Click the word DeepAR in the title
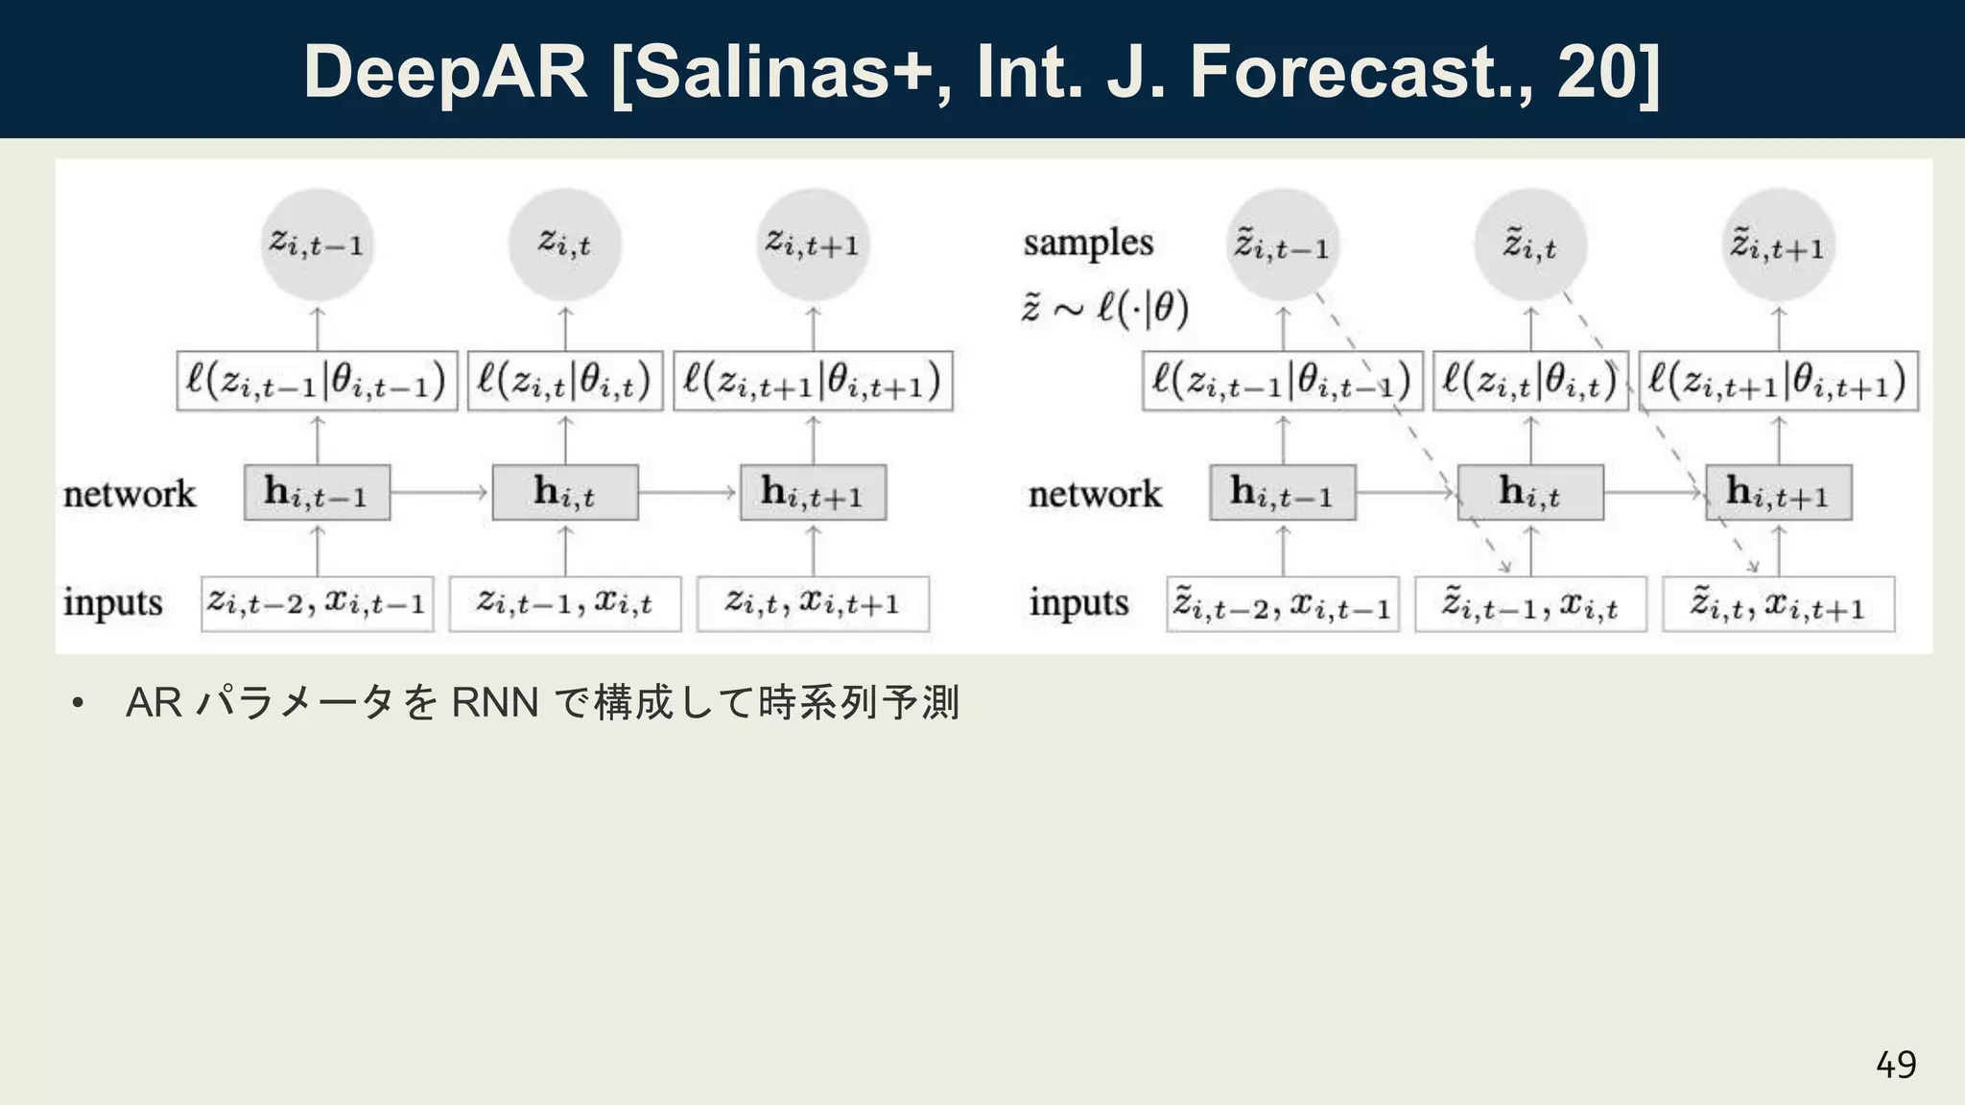445,73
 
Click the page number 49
1895,1064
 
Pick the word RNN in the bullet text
495,703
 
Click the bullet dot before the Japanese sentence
78,704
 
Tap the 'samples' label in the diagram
1088,243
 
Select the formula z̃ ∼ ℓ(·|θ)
1104,309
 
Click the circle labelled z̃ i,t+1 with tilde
1778,246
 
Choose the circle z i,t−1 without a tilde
317,244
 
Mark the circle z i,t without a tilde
564,244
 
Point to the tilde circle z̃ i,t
1530,246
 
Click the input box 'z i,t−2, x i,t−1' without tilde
317,603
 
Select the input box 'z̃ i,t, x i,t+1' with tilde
1778,604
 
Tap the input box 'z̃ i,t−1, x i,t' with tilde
1530,604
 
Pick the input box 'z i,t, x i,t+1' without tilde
813,603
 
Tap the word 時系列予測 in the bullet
859,703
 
